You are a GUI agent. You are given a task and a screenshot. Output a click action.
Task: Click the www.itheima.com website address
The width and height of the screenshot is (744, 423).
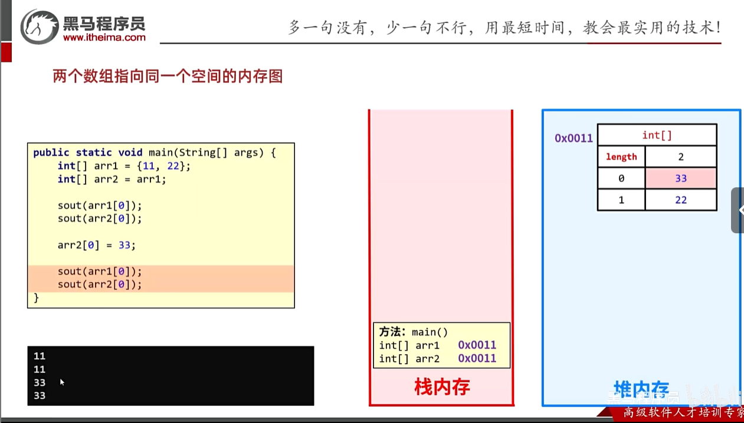click(104, 37)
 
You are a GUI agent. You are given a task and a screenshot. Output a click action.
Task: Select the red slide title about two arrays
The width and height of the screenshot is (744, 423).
click(168, 77)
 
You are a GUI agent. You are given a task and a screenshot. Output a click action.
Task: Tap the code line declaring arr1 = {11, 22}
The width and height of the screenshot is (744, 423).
click(124, 166)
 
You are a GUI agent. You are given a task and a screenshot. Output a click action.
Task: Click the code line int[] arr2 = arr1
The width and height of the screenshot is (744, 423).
click(112, 179)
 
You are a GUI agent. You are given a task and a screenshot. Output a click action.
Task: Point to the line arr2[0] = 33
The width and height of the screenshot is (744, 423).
click(96, 245)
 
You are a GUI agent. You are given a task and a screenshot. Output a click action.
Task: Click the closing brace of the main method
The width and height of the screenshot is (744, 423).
click(36, 298)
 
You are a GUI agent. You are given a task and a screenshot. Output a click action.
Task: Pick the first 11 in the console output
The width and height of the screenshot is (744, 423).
click(40, 356)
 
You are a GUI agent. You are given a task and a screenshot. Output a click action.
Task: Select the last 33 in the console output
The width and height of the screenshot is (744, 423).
click(40, 396)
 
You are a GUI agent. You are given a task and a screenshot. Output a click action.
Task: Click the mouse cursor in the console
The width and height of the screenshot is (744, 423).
click(62, 382)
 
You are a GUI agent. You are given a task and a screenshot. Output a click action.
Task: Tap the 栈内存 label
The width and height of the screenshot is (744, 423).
click(442, 387)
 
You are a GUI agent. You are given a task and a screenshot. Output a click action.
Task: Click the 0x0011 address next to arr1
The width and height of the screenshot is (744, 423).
click(477, 345)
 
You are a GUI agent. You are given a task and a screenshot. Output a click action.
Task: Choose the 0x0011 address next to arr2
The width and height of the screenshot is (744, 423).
click(477, 359)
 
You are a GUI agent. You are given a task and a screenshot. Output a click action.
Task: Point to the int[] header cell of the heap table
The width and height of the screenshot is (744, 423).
click(657, 136)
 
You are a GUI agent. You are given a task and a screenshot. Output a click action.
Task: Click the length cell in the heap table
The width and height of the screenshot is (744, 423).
click(621, 157)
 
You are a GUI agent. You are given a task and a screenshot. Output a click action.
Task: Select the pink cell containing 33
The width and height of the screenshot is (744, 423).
click(681, 179)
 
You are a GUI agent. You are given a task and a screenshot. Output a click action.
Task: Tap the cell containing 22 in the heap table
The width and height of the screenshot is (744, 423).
click(681, 200)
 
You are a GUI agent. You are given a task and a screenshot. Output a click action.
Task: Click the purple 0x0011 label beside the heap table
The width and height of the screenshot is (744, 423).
click(573, 138)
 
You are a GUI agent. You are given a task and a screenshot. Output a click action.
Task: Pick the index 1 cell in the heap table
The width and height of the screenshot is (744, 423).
click(621, 200)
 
